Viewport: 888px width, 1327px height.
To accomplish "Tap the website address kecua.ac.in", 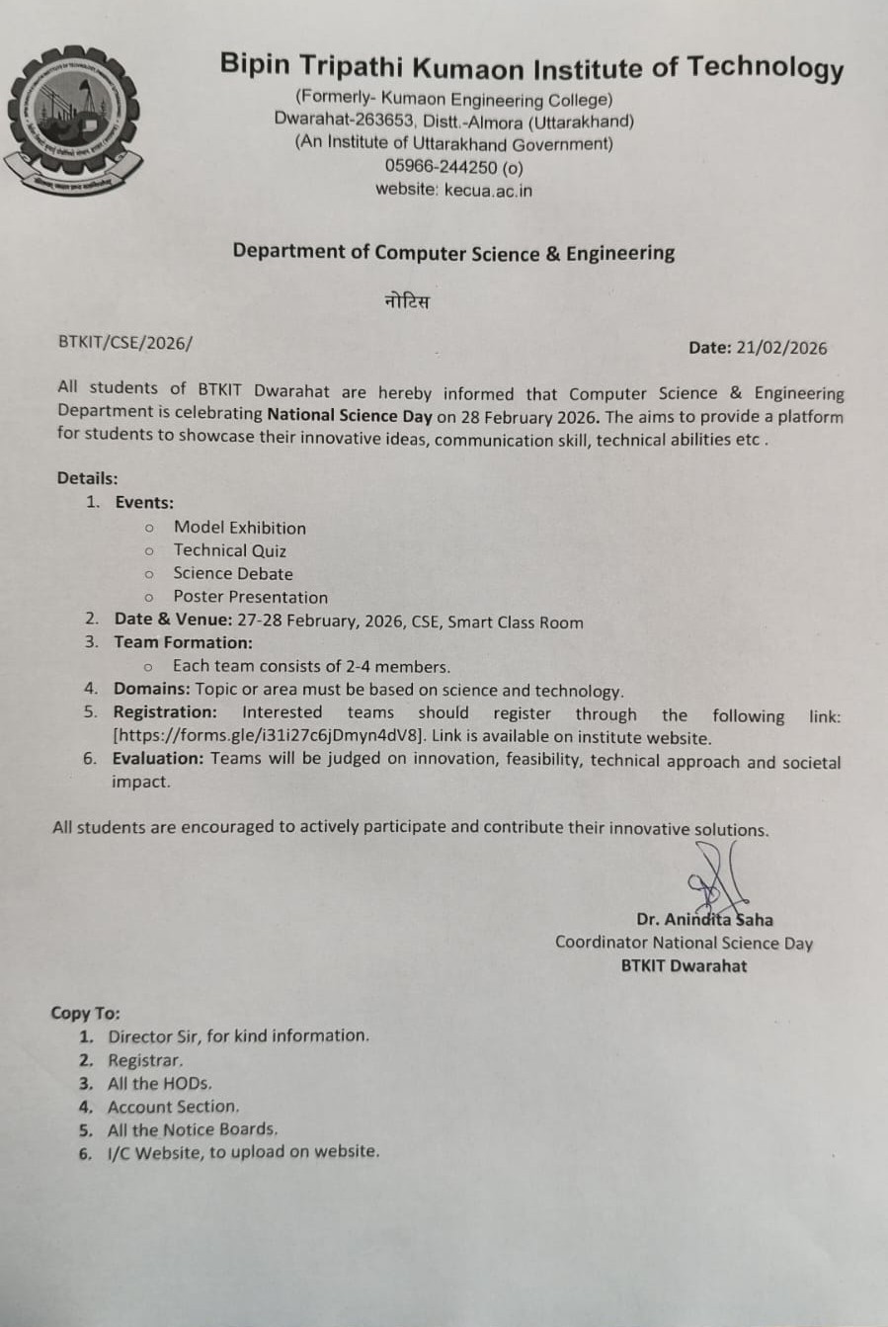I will tap(488, 190).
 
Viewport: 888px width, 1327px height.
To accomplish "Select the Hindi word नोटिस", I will tap(407, 301).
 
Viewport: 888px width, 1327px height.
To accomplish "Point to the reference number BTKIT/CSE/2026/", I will tap(125, 342).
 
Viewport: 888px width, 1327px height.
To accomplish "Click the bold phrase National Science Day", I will tap(350, 416).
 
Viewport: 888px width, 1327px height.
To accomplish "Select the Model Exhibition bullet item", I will tap(240, 528).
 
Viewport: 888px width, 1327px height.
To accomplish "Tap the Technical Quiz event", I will tap(230, 550).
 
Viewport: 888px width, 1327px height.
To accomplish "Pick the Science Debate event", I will tap(233, 573).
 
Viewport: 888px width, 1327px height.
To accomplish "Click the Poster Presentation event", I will tap(250, 597).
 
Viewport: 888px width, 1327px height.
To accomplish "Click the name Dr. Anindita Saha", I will tap(704, 919).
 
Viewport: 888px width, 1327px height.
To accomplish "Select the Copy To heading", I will tap(85, 1013).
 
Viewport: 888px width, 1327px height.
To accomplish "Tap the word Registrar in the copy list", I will tap(145, 1060).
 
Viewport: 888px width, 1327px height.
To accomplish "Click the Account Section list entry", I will tap(173, 1107).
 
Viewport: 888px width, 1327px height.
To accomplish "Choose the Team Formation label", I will tap(183, 642).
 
